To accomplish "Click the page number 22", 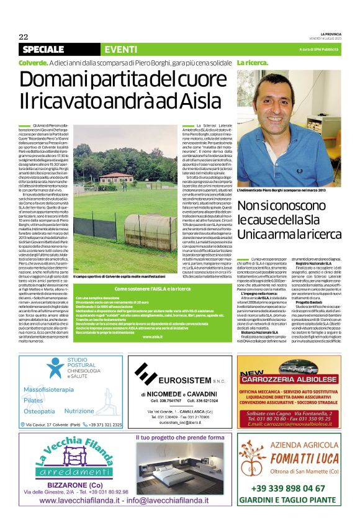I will [23, 36].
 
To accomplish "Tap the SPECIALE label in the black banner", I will [47, 49].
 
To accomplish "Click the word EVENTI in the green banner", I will [121, 49].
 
